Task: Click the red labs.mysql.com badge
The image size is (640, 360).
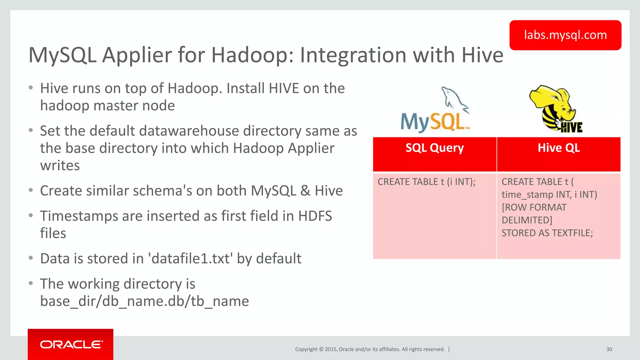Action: (565, 35)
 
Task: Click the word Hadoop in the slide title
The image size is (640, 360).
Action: (252, 55)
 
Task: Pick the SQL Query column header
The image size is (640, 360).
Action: (434, 148)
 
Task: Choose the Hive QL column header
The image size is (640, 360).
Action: (558, 148)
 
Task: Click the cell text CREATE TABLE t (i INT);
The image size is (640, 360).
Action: (426, 182)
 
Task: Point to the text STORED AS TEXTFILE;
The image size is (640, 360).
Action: (547, 233)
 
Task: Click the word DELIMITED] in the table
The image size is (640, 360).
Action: (527, 220)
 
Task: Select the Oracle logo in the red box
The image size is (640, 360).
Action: (71, 344)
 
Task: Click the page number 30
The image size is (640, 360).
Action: (609, 349)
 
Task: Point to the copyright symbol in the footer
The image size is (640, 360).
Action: (321, 349)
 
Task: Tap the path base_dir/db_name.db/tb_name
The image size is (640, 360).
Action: (144, 301)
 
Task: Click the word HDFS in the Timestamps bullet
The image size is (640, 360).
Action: (315, 216)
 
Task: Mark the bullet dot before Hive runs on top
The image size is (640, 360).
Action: (31, 88)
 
